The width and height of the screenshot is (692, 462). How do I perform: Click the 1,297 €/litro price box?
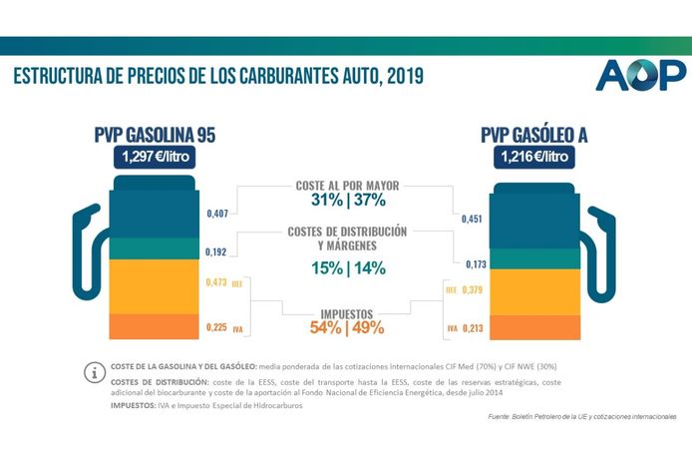[155, 157]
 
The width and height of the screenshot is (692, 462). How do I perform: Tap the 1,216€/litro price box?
[533, 157]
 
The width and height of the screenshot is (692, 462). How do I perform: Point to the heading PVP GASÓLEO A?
[533, 135]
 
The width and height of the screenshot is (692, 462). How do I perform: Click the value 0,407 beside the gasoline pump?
[218, 213]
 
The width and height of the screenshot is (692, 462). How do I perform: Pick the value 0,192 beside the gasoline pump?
[218, 252]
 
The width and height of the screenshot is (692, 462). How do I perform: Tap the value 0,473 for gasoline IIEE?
[217, 283]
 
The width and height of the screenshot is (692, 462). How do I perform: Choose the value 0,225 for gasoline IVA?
[217, 326]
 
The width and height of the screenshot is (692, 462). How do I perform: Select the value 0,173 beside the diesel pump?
[468, 263]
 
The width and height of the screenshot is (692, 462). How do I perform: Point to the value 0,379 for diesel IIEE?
[475, 290]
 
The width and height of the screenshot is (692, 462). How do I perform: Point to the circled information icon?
[96, 372]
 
